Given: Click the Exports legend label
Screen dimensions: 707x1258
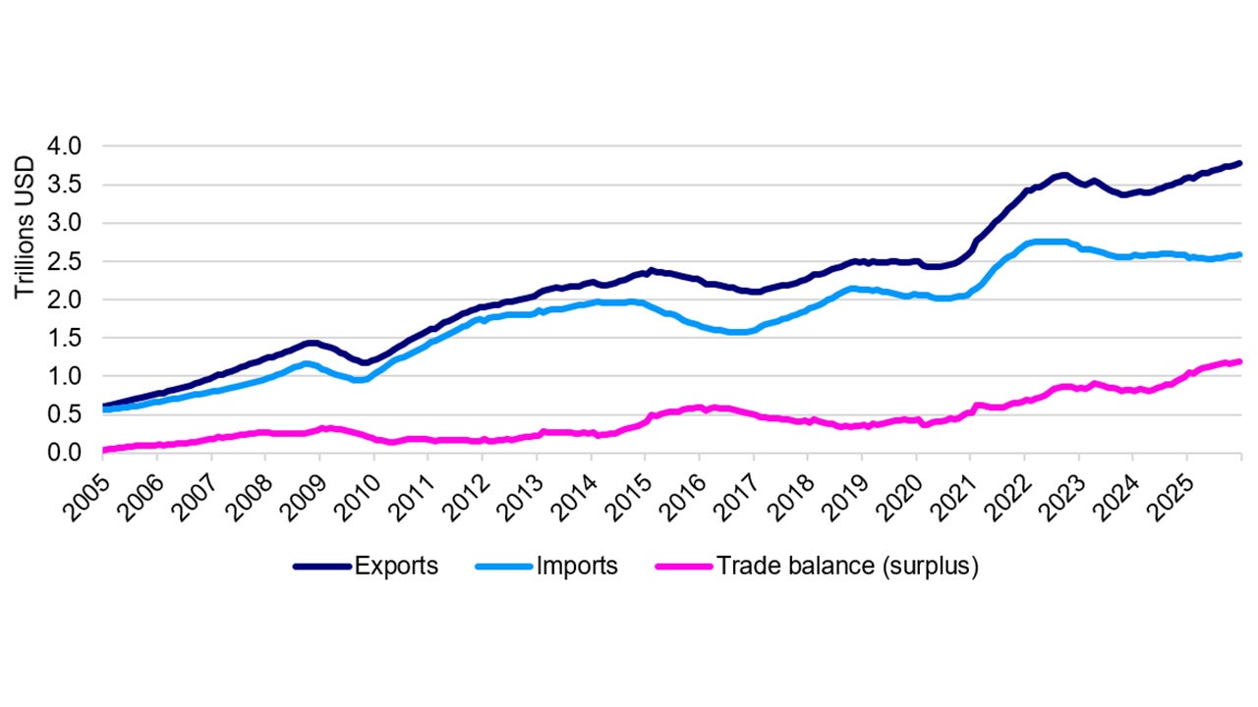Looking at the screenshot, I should [x=396, y=566].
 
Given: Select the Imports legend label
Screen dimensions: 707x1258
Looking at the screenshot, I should [x=577, y=566].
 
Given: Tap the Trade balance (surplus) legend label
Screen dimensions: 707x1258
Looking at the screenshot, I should [x=847, y=566].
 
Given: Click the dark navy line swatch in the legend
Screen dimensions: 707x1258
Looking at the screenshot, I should [x=321, y=567].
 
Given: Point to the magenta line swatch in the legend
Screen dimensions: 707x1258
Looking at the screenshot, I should [x=683, y=567].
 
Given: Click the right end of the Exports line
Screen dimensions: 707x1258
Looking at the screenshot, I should [x=1240, y=163].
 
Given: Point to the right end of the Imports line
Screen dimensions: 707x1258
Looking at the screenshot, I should [x=1240, y=254].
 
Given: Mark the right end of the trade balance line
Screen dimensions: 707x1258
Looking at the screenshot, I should [x=1240, y=361].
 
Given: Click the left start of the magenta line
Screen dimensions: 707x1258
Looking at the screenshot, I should [x=104, y=450].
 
